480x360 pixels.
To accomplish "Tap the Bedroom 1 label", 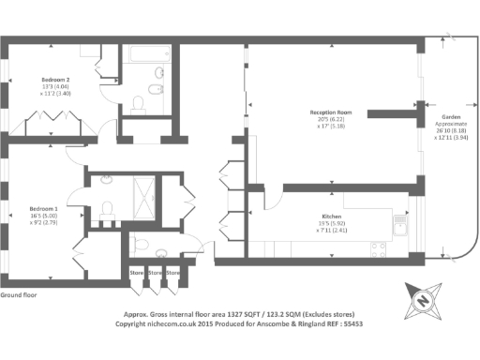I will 42,208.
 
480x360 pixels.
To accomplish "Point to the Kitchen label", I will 332,216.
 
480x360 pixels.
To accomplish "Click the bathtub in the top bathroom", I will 146,54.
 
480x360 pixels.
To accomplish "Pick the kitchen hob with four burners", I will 380,249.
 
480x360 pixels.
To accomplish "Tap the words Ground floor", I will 18,295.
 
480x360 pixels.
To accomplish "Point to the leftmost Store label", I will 137,273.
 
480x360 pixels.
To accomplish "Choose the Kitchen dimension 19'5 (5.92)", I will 332,223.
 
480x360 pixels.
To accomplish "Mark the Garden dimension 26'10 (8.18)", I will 446,130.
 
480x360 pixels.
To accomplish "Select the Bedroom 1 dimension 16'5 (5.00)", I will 43,215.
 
